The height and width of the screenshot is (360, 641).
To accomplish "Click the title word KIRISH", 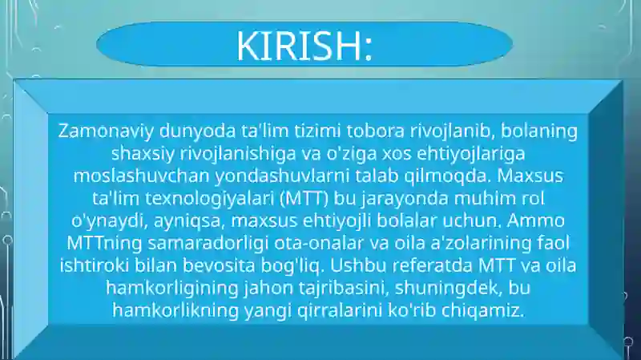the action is [x=299, y=46].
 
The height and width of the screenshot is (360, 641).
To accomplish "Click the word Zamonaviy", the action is [x=106, y=131].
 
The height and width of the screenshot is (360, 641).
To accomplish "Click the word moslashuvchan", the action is [x=142, y=176].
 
